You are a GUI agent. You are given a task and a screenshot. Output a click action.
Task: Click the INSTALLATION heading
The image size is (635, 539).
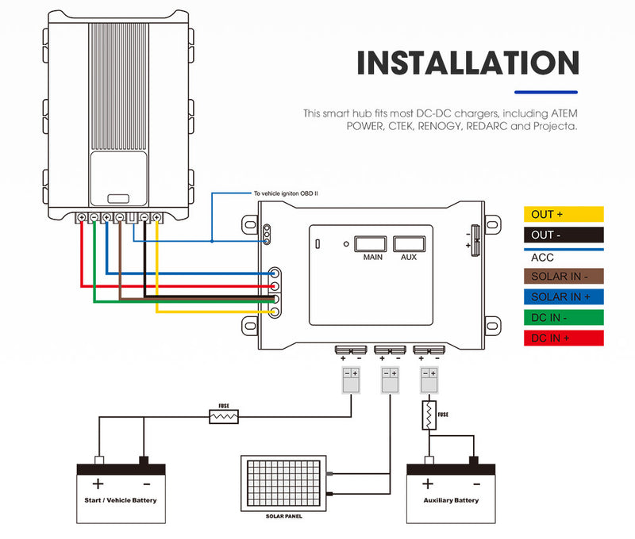(468, 63)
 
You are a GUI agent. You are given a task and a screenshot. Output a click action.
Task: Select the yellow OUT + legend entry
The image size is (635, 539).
(564, 214)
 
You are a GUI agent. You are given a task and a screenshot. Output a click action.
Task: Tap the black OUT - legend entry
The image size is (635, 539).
(564, 235)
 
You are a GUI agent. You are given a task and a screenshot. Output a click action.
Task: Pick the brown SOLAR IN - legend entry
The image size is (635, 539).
(564, 277)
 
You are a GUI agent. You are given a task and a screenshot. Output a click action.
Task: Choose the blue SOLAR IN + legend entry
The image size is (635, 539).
(564, 297)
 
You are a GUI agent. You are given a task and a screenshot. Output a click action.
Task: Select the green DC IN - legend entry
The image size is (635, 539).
(564, 318)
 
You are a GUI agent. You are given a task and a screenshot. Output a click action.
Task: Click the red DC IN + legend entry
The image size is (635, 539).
(564, 338)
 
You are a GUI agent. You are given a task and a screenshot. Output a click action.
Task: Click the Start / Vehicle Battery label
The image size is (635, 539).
(121, 500)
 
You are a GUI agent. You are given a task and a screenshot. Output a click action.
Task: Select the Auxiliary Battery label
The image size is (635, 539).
(451, 500)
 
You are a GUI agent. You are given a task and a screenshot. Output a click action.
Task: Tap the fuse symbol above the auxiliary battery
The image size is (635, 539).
(429, 415)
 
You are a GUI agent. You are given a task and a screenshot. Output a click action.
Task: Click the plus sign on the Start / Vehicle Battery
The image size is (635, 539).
(98, 484)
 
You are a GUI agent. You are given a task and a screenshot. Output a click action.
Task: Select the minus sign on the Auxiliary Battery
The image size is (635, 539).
(475, 484)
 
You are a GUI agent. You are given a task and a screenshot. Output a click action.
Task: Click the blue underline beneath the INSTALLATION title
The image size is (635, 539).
(547, 92)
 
